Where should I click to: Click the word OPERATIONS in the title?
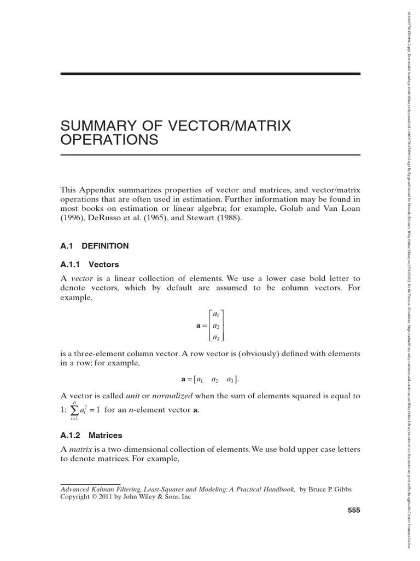[x=109, y=140]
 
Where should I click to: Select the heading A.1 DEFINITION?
[x=95, y=247]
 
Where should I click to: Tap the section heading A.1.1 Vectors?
[x=90, y=264]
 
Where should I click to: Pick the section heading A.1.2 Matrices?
[x=91, y=436]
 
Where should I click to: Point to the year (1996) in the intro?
[x=72, y=218]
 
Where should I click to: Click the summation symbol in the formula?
[x=75, y=410]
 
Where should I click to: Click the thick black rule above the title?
[x=210, y=73]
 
